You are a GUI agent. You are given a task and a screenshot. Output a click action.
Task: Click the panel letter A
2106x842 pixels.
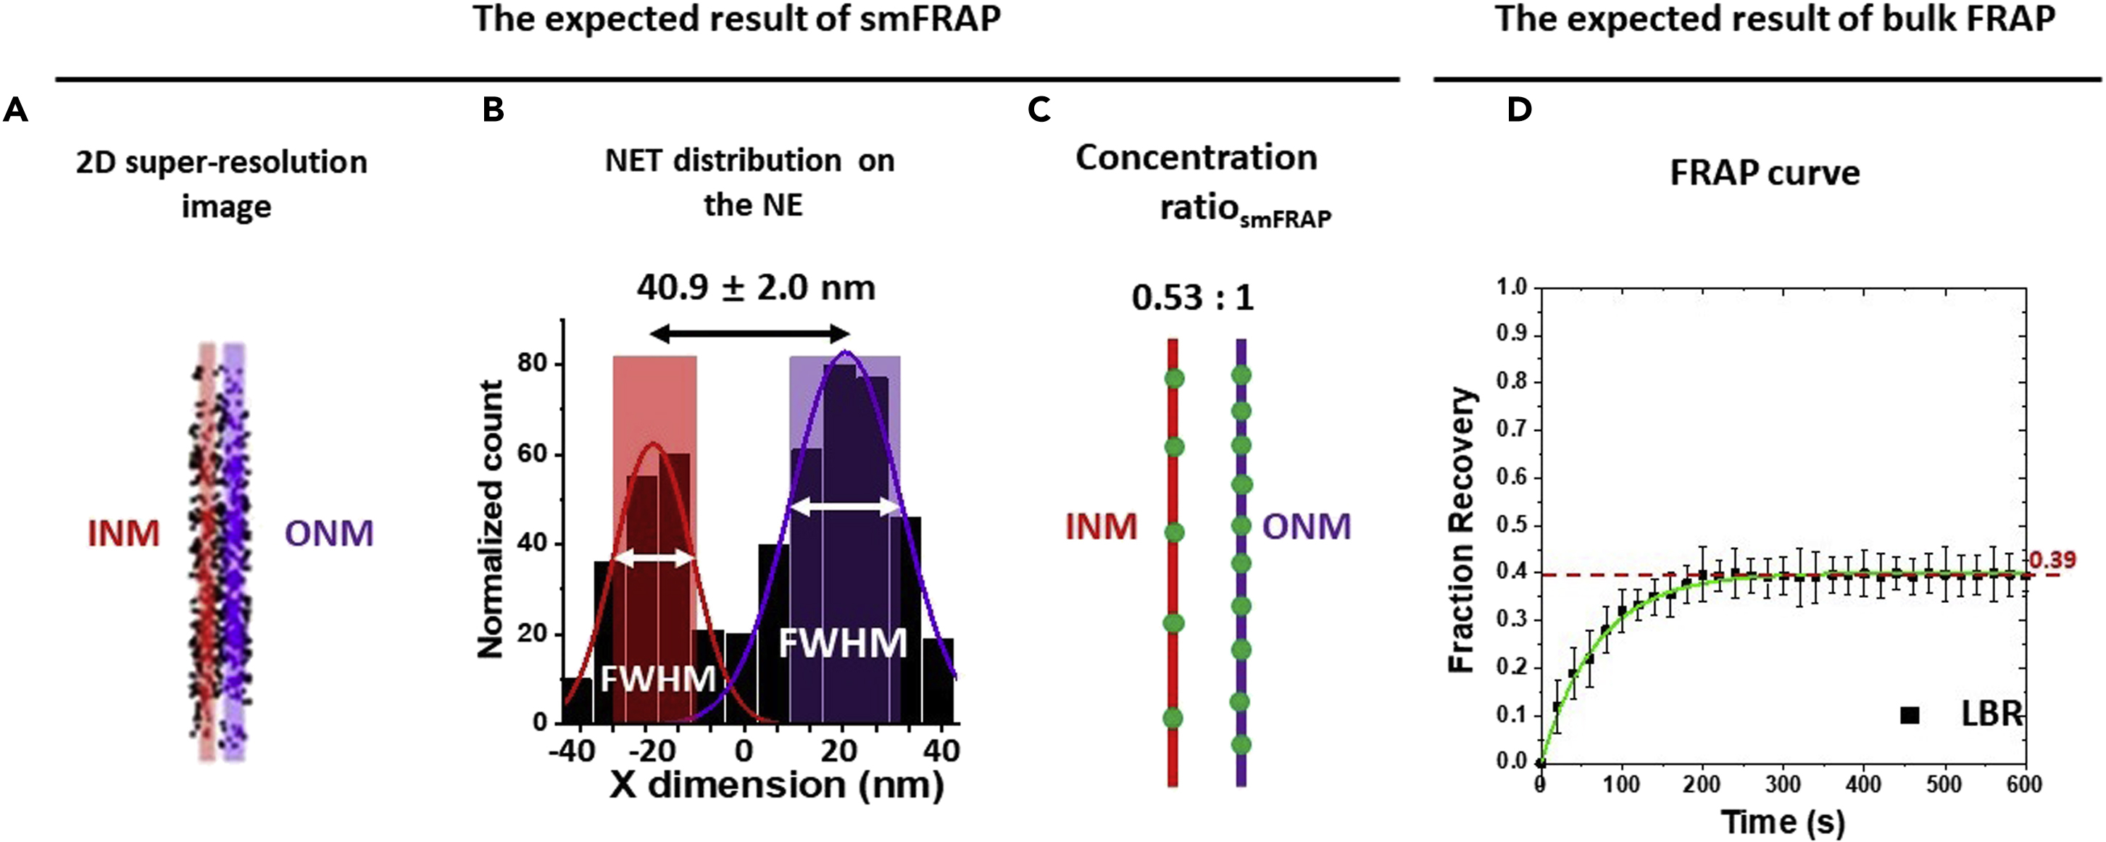click(15, 109)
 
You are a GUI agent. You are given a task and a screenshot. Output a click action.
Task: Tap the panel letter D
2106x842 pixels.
click(1519, 109)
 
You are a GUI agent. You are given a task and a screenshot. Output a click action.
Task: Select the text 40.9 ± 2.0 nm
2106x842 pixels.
click(755, 288)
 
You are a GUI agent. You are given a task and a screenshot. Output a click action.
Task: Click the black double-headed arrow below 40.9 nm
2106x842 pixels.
click(749, 333)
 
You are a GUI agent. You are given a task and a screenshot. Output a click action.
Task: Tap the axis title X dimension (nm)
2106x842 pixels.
click(777, 785)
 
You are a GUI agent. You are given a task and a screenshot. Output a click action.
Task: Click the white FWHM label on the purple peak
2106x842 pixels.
click(842, 643)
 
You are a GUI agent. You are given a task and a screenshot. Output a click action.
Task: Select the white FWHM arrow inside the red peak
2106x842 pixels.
click(654, 559)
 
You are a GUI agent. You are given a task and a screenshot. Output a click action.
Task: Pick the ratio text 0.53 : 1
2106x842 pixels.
click(1192, 298)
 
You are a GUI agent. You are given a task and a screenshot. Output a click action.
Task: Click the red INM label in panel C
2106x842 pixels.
click(1100, 528)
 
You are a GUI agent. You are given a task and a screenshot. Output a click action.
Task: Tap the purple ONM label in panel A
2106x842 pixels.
click(328, 534)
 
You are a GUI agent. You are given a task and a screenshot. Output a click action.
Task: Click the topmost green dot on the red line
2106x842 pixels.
click(1174, 378)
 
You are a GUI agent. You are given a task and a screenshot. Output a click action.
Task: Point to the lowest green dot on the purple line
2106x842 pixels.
click(1241, 745)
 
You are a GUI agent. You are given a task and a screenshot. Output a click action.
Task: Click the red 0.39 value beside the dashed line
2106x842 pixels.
click(2052, 560)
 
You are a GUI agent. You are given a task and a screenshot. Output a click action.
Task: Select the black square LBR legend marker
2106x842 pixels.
click(1910, 715)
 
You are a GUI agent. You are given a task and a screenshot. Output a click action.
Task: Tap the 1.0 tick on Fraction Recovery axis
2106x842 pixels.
click(1512, 287)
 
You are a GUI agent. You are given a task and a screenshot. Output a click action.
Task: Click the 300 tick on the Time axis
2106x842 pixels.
click(1782, 785)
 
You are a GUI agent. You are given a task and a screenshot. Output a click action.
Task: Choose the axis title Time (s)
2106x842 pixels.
click(1782, 822)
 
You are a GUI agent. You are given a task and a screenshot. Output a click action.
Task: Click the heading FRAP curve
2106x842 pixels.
click(1764, 173)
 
